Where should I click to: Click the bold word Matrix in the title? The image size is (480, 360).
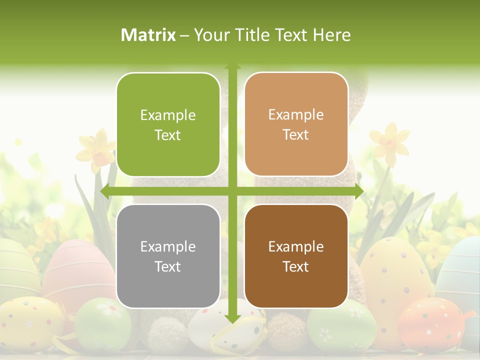[148, 35]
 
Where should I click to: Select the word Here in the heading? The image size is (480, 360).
[332, 35]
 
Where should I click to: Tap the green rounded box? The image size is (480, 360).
[168, 125]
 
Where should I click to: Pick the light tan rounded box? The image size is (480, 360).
[296, 124]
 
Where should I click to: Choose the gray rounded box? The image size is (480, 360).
[168, 256]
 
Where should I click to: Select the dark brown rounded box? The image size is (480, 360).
[296, 256]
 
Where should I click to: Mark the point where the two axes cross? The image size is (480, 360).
[232, 191]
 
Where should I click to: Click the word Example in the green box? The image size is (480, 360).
[168, 115]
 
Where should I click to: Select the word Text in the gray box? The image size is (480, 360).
[168, 266]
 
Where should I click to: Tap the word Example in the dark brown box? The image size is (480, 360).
[296, 246]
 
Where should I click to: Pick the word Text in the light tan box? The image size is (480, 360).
[296, 135]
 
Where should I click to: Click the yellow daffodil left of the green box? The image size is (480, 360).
[97, 148]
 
